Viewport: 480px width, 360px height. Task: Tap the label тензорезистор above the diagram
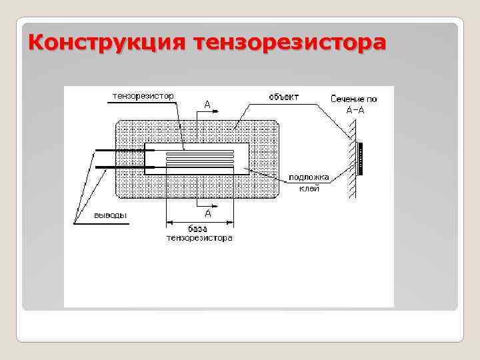143,96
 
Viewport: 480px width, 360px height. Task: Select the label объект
283,97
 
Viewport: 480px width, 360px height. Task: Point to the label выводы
110,215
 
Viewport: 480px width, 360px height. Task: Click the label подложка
309,178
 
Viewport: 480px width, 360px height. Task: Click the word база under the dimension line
199,229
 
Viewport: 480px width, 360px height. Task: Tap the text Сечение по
353,99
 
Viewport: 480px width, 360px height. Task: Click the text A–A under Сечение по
355,109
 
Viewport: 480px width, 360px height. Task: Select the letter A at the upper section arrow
207,104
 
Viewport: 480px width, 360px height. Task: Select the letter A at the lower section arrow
207,213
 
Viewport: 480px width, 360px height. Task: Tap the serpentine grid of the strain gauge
200,159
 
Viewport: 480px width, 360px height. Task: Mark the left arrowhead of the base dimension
169,222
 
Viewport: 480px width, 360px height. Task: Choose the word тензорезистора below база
199,238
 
